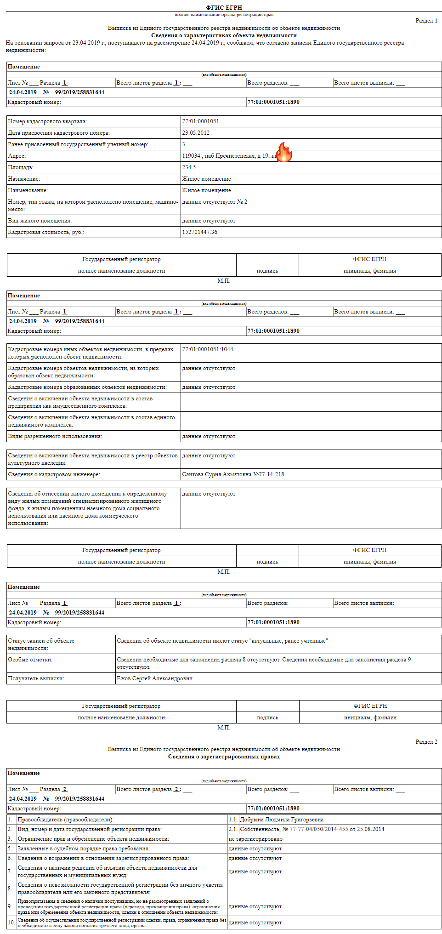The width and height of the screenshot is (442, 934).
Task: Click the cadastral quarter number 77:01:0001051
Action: pyautogui.click(x=200, y=121)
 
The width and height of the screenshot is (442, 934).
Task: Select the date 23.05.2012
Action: pyautogui.click(x=196, y=133)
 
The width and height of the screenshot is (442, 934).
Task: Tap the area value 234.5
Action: pyautogui.click(x=189, y=167)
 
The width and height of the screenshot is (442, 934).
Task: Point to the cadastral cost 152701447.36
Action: pyautogui.click(x=199, y=232)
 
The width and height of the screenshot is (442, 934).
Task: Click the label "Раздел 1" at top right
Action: pyautogui.click(x=426, y=21)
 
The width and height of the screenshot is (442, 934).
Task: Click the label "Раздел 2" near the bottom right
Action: pyautogui.click(x=426, y=742)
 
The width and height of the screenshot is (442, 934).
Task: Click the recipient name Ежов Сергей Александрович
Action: pyautogui.click(x=154, y=678)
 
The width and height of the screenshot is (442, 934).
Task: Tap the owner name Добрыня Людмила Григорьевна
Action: pyautogui.click(x=281, y=820)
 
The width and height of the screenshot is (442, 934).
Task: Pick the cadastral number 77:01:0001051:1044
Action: pyautogui.click(x=207, y=349)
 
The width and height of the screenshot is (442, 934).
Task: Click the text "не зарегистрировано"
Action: pyautogui.click(x=255, y=839)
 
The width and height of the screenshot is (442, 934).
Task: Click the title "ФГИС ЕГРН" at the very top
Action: pyautogui.click(x=224, y=7)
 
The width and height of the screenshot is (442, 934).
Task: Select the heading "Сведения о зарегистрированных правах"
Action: pyautogui.click(x=224, y=757)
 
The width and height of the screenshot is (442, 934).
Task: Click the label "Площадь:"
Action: pyautogui.click(x=21, y=167)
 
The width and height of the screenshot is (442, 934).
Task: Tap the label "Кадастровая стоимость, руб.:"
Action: pyautogui.click(x=46, y=232)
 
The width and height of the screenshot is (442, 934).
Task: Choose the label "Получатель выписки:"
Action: pyautogui.click(x=36, y=678)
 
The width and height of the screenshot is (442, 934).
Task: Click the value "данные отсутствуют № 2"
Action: pyautogui.click(x=214, y=202)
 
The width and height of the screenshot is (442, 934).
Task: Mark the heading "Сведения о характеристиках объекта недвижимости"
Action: pyautogui.click(x=224, y=35)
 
